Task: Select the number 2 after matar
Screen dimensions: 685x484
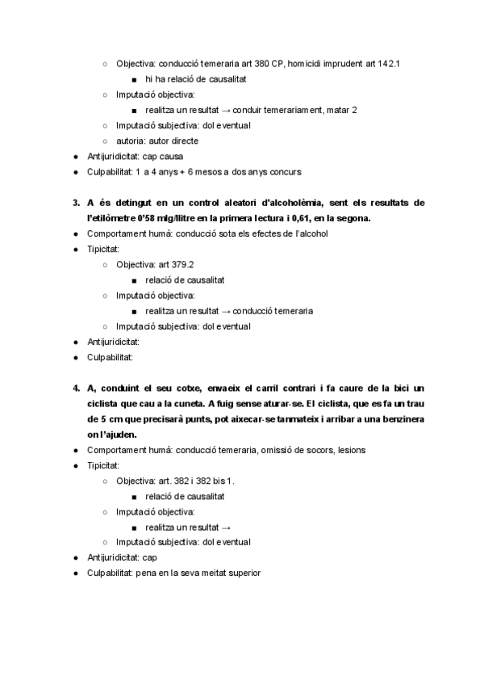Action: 354,110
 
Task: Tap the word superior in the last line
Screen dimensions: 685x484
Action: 243,573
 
